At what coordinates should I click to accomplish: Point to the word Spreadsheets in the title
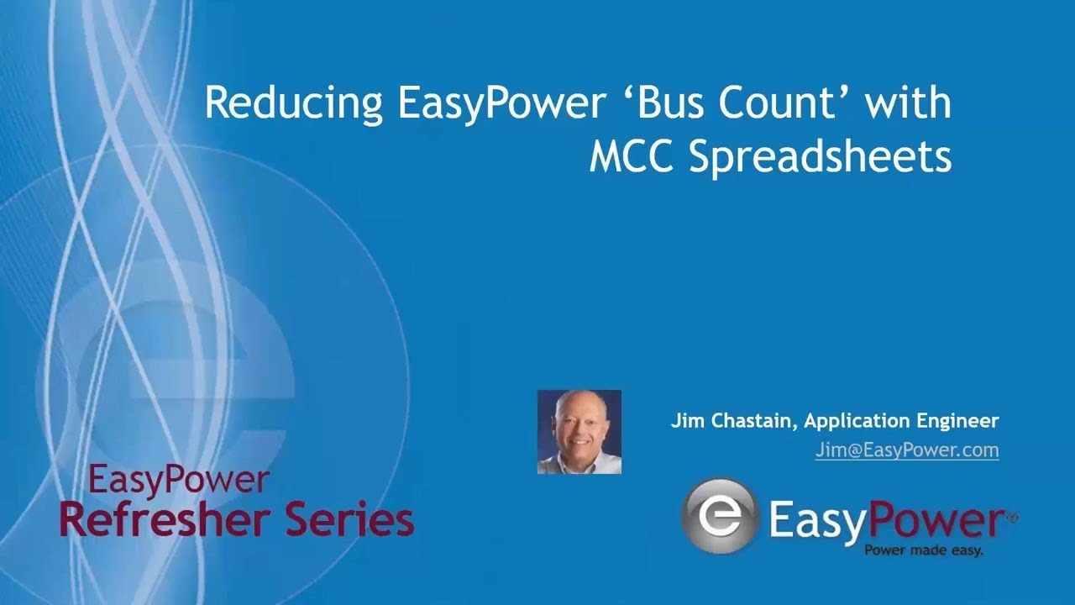tap(821, 157)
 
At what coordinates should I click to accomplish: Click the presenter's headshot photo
tap(579, 432)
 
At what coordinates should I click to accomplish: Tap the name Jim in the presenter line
tap(685, 420)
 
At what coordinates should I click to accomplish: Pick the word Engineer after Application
tap(962, 420)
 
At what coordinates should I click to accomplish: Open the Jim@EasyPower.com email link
tap(907, 450)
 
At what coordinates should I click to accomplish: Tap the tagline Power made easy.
tap(924, 551)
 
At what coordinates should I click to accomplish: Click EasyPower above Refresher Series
tap(178, 481)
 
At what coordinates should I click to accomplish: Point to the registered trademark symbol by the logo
tap(1012, 518)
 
